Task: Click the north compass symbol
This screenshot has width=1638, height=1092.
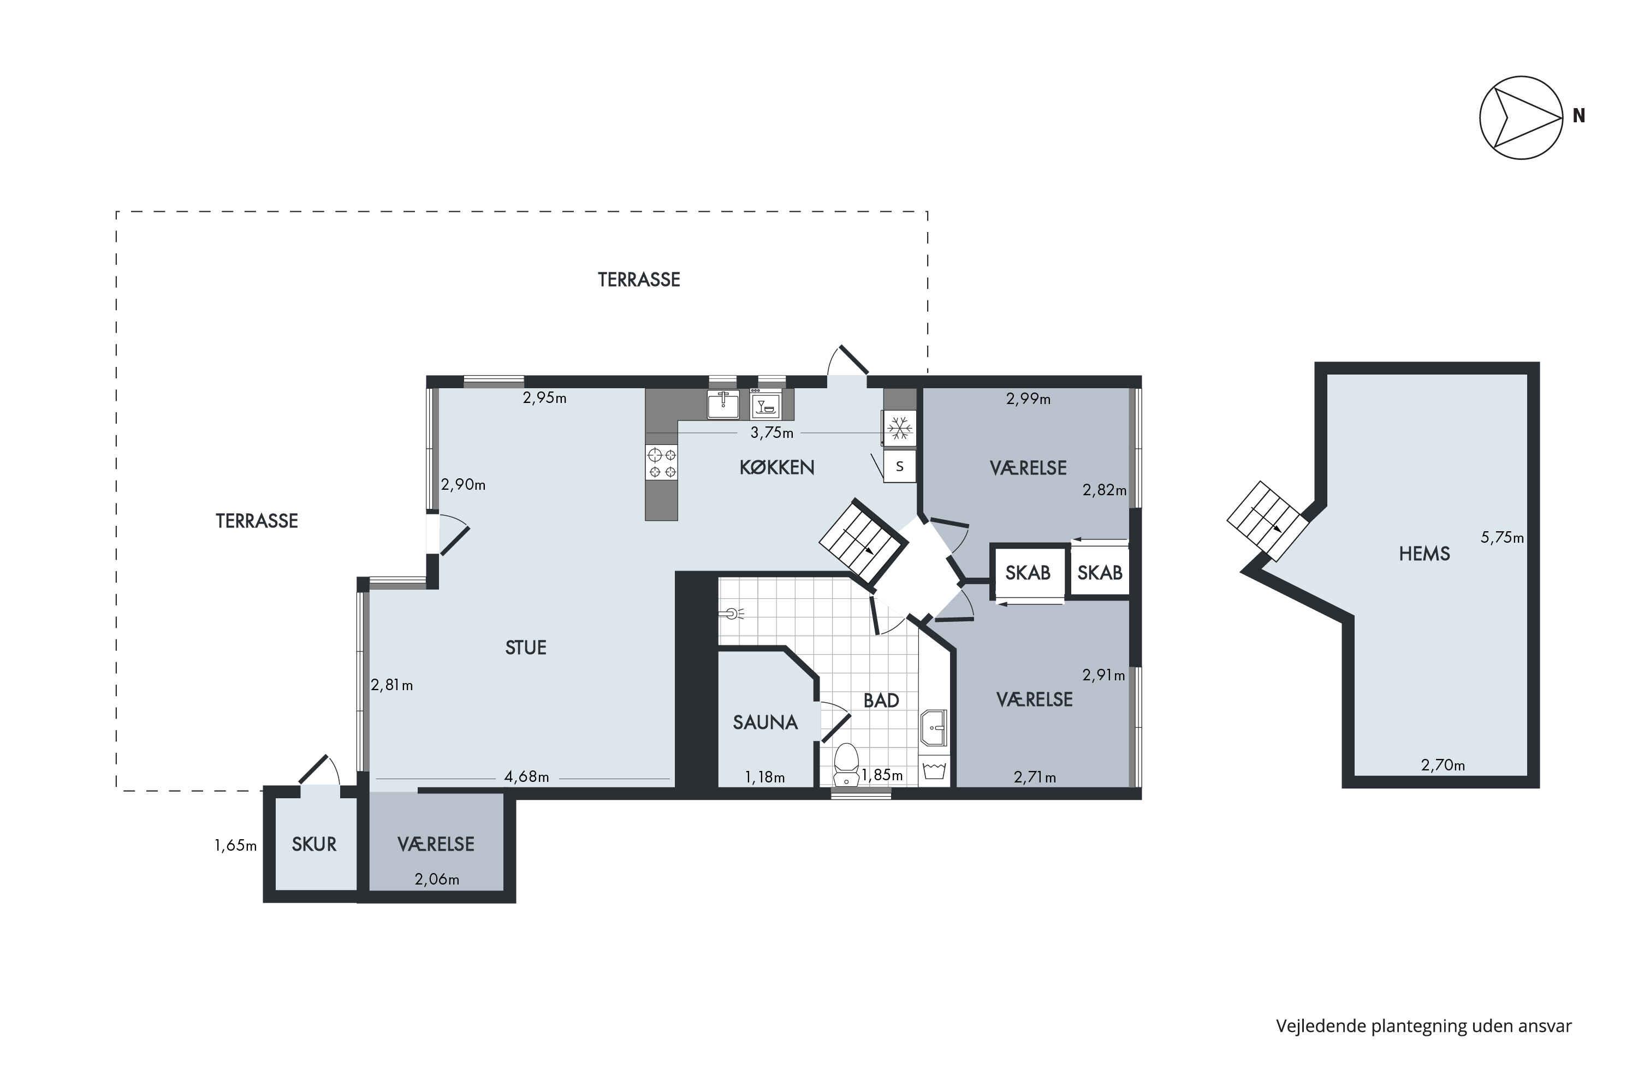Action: click(x=1521, y=118)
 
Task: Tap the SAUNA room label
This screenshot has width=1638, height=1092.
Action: click(x=765, y=723)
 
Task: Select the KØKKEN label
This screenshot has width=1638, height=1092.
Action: click(x=776, y=467)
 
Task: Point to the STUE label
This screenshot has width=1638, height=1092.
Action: click(x=526, y=648)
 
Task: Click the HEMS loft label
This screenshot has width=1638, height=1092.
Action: click(x=1424, y=554)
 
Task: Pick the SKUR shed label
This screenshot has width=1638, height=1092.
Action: click(x=314, y=844)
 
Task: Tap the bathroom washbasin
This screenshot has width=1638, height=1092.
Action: click(x=933, y=728)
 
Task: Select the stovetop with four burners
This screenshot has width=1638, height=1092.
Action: click(x=662, y=464)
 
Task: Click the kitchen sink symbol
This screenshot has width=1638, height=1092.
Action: click(x=723, y=404)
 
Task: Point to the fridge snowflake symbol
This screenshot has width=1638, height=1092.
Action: click(x=900, y=428)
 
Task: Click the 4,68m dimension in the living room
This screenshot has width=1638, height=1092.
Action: click(x=526, y=777)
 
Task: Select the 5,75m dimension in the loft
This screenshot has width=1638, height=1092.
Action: click(x=1502, y=538)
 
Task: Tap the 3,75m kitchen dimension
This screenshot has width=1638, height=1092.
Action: click(x=771, y=432)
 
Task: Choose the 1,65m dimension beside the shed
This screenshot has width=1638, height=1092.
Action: click(x=235, y=845)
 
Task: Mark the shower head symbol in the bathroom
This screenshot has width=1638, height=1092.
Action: click(x=733, y=614)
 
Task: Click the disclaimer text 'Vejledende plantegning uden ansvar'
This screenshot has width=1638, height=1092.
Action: click(x=1423, y=1026)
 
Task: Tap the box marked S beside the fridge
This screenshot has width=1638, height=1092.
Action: click(x=900, y=466)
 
